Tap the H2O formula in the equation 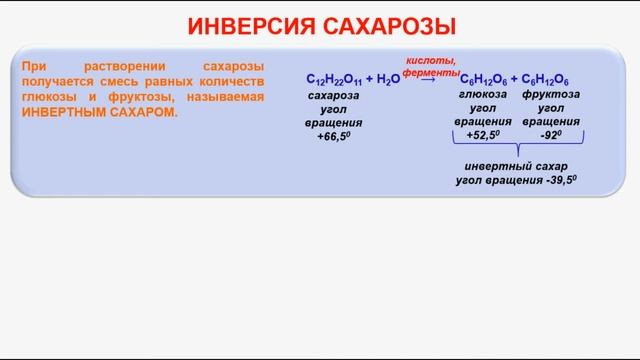coord(385,78)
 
